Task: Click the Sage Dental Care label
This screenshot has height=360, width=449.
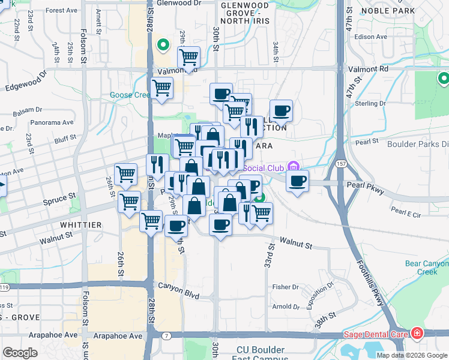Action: pyautogui.click(x=376, y=334)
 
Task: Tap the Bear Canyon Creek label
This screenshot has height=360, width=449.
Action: pyautogui.click(x=426, y=268)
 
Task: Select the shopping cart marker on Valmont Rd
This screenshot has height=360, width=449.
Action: pyautogui.click(x=188, y=58)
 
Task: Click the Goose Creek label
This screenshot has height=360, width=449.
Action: pyautogui.click(x=129, y=95)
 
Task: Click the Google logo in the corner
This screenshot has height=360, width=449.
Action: pyautogui.click(x=20, y=353)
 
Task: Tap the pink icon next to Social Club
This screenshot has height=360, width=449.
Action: pyautogui.click(x=292, y=166)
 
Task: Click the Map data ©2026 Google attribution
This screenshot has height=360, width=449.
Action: pyautogui.click(x=412, y=355)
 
